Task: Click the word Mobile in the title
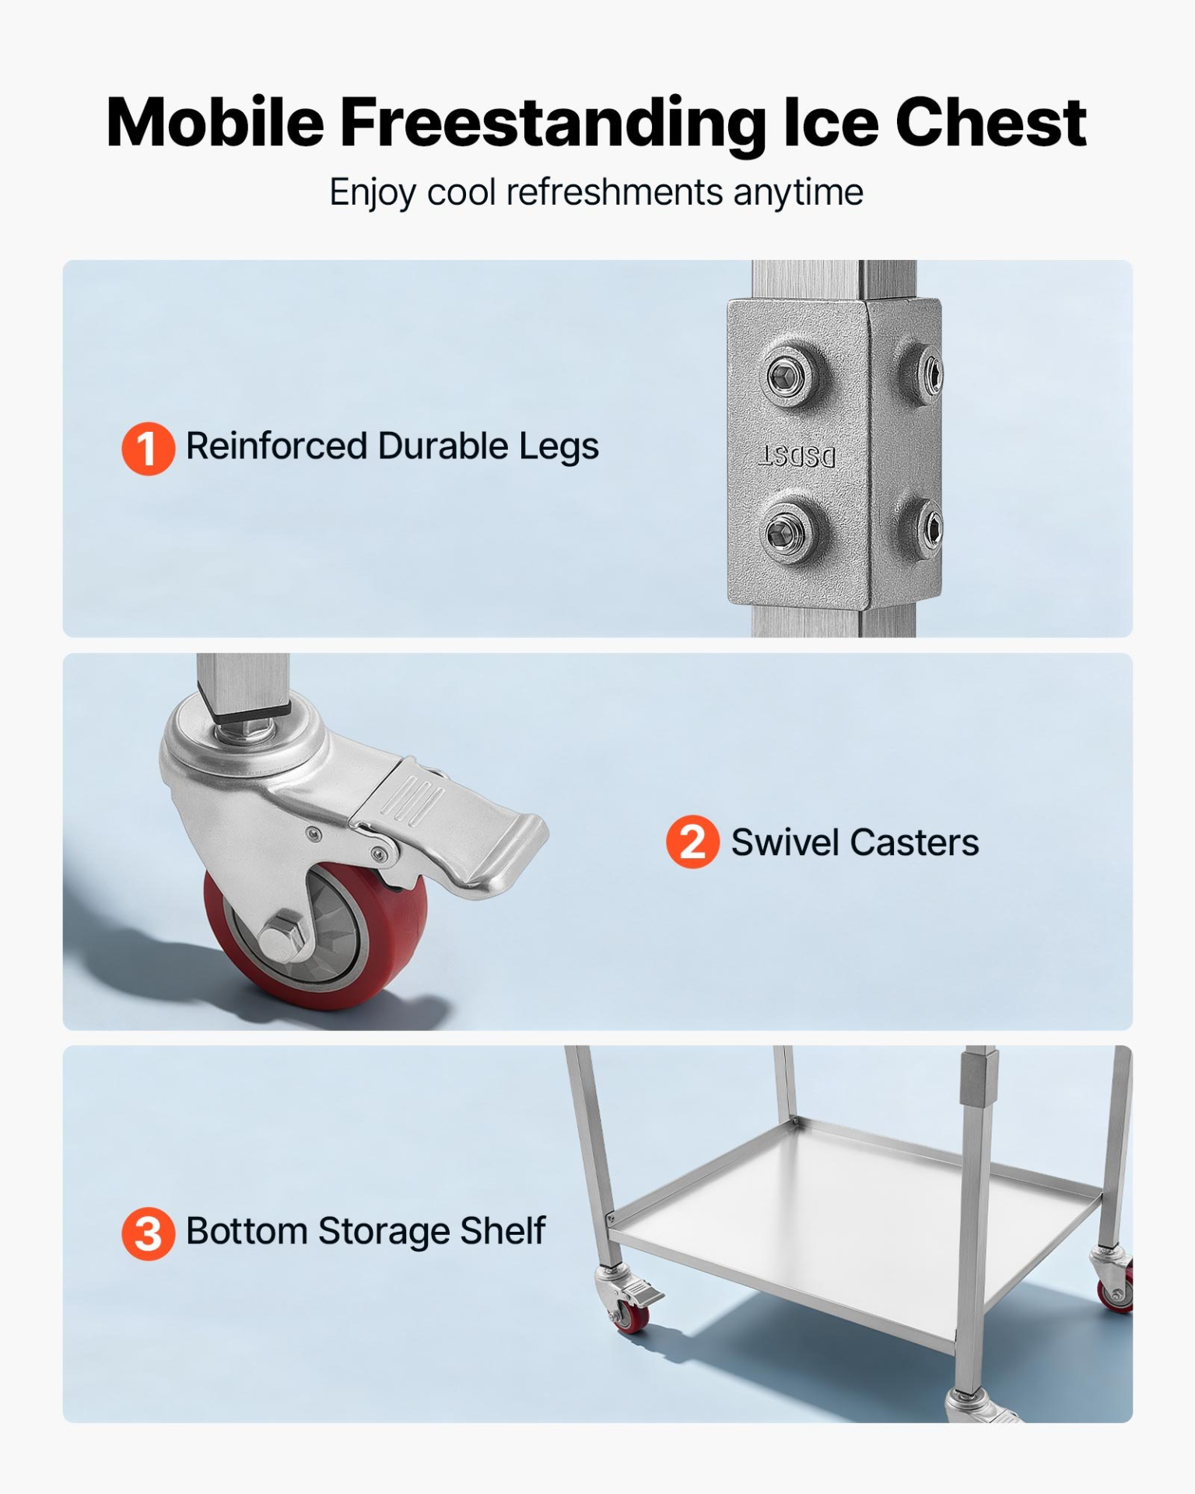[215, 123]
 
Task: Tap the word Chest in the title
[990, 123]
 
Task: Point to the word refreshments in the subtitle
[615, 192]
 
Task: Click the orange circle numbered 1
[148, 448]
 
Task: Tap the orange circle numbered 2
[692, 842]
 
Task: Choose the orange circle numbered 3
[148, 1233]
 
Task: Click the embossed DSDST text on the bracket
[797, 457]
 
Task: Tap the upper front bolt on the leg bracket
[787, 377]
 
